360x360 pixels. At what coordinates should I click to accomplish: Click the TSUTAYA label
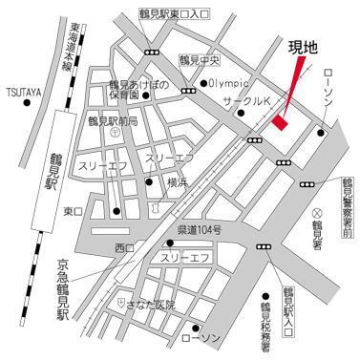[22, 92]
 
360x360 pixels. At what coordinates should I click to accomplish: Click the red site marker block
[280, 121]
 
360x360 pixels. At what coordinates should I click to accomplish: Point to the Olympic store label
[230, 83]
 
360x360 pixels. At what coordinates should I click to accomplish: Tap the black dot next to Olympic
[203, 84]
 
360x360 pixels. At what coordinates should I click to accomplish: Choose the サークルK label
[245, 99]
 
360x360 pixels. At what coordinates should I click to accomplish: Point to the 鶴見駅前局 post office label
[113, 122]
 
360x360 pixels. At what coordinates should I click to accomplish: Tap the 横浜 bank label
[178, 180]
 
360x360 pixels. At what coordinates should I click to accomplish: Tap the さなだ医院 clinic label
[153, 304]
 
